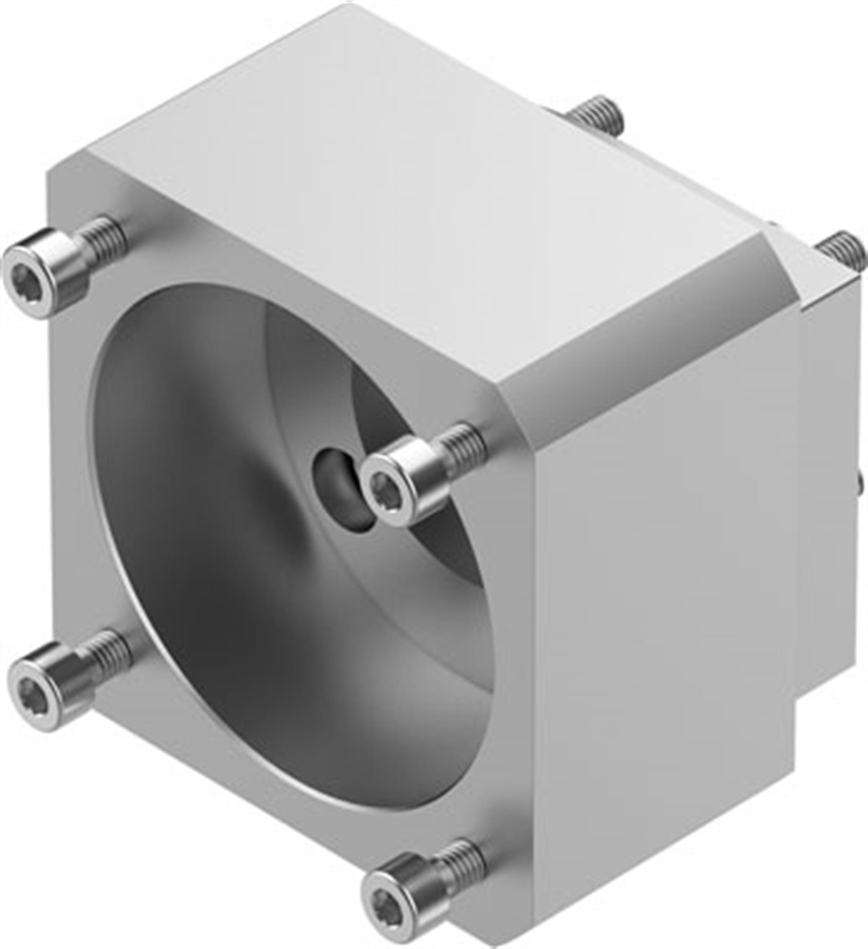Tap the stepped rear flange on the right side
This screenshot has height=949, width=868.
(x=823, y=471)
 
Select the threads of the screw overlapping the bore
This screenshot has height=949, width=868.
(x=463, y=440)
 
